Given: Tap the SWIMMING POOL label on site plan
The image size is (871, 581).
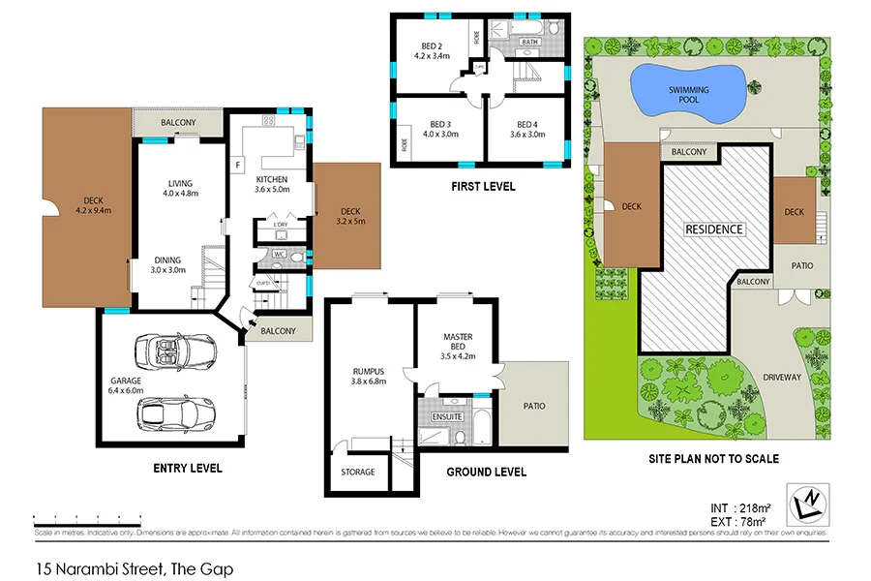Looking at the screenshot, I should [688, 95].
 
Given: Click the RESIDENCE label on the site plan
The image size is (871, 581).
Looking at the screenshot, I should [714, 229].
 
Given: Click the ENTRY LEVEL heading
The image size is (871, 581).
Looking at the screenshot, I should [188, 468].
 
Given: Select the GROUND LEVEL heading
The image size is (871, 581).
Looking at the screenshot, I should [487, 472].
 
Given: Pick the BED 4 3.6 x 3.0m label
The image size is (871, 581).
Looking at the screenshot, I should [527, 129].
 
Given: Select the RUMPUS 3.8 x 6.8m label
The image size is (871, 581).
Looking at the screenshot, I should [369, 375].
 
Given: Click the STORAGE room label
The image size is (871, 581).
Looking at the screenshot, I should [357, 473].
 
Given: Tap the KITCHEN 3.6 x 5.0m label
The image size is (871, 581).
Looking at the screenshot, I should [272, 185].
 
